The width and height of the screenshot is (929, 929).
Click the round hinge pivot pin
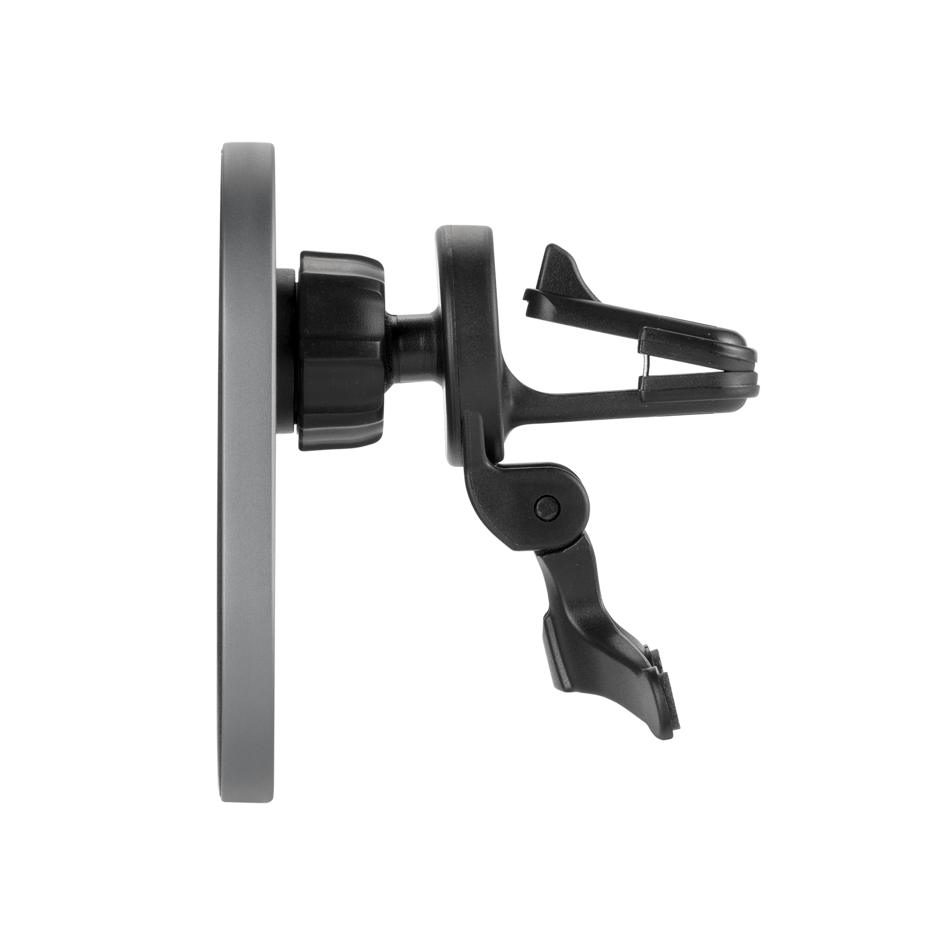coord(546,506)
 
